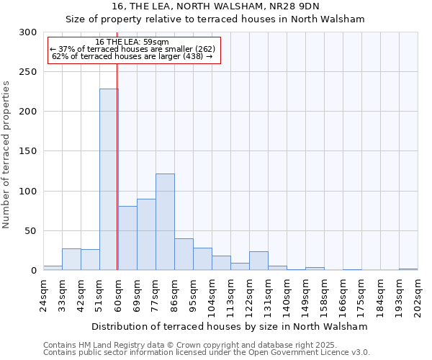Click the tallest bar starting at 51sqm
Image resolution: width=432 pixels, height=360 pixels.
(x=109, y=179)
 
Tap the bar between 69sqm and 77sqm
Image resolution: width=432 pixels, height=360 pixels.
(x=146, y=234)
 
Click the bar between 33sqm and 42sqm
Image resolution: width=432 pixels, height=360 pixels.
(x=71, y=259)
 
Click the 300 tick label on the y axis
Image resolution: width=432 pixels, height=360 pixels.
(x=28, y=32)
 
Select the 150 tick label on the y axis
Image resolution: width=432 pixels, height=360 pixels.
(x=28, y=151)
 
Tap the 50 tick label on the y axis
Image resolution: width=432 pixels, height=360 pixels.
(x=31, y=231)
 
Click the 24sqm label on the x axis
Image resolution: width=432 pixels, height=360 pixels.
(x=44, y=295)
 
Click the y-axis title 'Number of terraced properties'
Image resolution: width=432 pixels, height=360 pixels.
(x=7, y=155)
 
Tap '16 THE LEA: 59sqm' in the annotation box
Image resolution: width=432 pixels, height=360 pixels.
(x=132, y=42)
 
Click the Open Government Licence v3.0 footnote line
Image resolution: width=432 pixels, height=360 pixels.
(x=207, y=353)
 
